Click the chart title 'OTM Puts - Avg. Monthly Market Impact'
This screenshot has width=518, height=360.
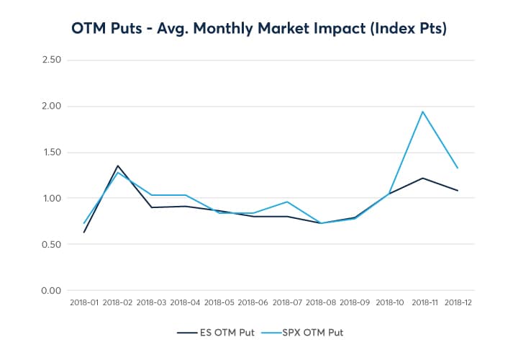click(259, 29)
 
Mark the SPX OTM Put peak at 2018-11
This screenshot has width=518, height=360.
click(423, 112)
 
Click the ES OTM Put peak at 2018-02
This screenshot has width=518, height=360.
click(118, 166)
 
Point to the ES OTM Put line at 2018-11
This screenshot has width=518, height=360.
click(423, 178)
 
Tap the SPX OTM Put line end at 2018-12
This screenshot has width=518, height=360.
click(458, 168)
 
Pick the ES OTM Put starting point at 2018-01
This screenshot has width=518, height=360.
click(84, 232)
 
